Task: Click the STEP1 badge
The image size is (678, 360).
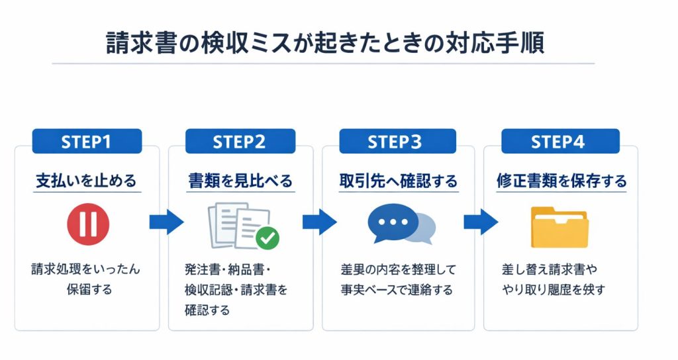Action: [x=87, y=142]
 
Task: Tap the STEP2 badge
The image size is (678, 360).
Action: [x=240, y=142]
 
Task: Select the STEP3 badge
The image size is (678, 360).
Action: [x=394, y=142]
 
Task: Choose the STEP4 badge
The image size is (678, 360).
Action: [x=560, y=142]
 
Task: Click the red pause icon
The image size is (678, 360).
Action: [x=87, y=223]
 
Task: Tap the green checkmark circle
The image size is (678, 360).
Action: [x=267, y=238]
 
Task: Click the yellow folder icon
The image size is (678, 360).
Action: [x=559, y=226]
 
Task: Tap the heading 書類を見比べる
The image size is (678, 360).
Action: [x=240, y=181]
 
